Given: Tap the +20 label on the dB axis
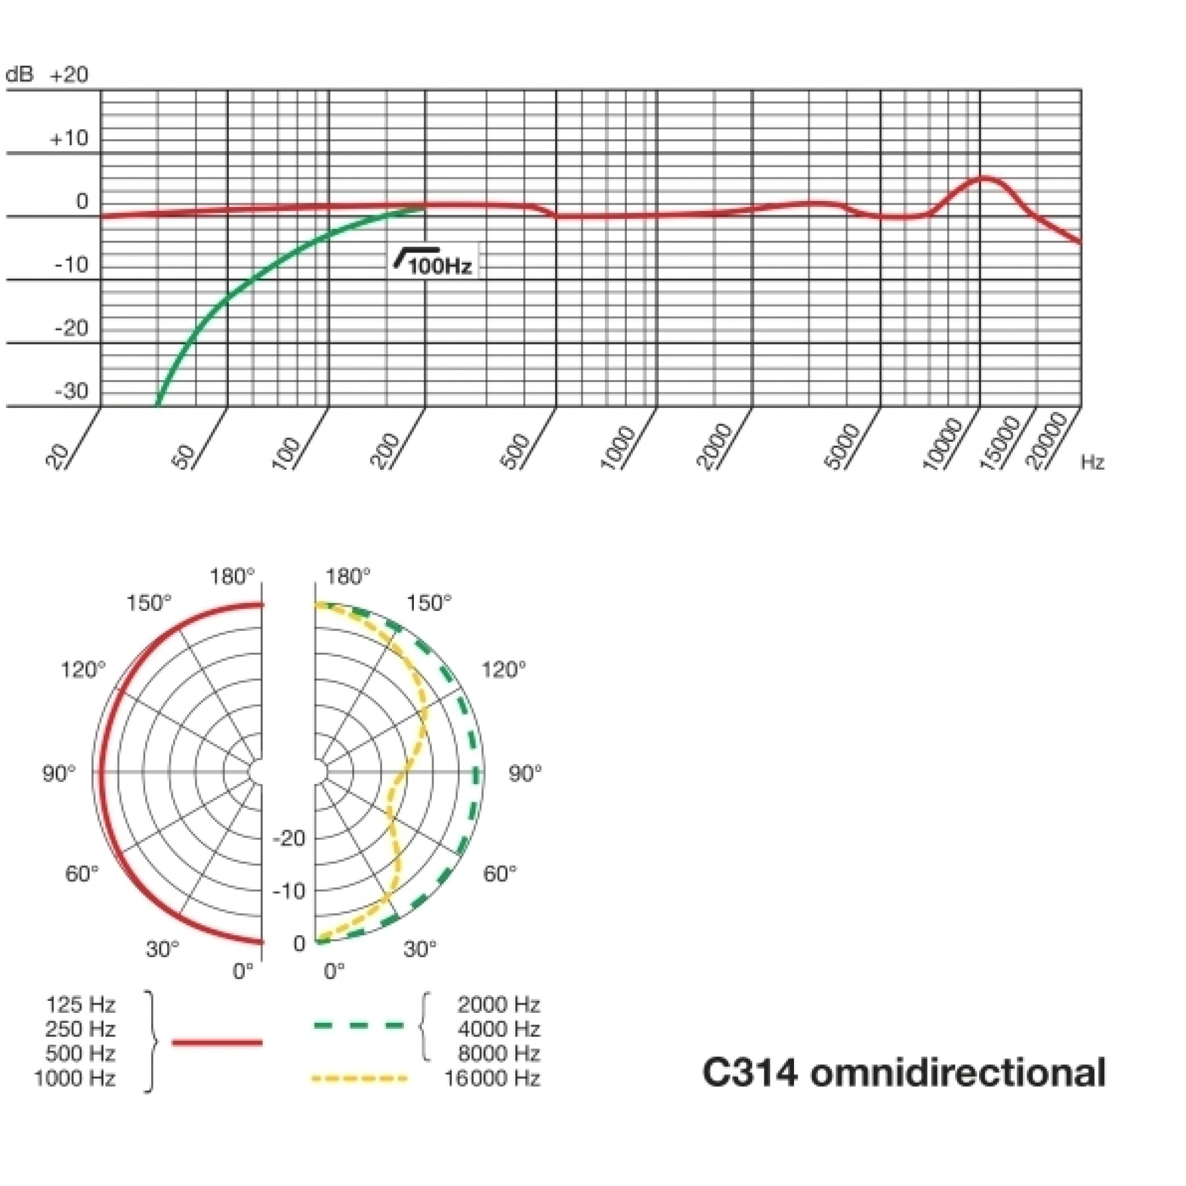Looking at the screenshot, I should pyautogui.click(x=69, y=75).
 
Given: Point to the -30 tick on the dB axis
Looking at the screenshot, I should pyautogui.click(x=71, y=390).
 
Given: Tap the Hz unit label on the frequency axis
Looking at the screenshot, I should pyautogui.click(x=1092, y=463).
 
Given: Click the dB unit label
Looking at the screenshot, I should pyautogui.click(x=20, y=75).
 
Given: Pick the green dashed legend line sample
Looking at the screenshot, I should pyautogui.click(x=359, y=1025).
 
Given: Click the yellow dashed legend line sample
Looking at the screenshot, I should pyautogui.click(x=359, y=1078).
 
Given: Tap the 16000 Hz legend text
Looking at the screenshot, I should pyautogui.click(x=492, y=1078).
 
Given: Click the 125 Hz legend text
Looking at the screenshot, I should pyautogui.click(x=81, y=1005).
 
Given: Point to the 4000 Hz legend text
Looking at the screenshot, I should pyautogui.click(x=499, y=1029).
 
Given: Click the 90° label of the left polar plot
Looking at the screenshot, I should pyautogui.click(x=59, y=774).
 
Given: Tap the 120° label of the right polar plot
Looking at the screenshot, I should pyautogui.click(x=503, y=669).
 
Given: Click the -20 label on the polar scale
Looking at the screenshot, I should pyautogui.click(x=289, y=838).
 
